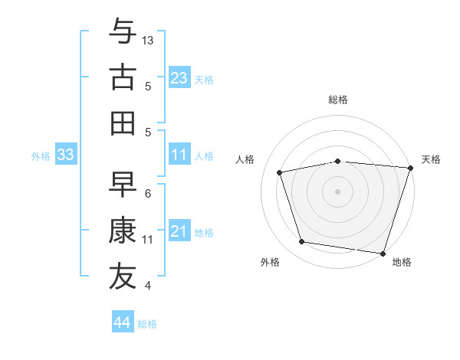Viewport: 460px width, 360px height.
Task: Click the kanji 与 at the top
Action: coord(123,32)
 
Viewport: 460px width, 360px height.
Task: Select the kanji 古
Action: coord(123,77)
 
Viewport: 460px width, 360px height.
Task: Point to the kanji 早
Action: coord(123,185)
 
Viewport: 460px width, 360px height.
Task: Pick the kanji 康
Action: coord(123,230)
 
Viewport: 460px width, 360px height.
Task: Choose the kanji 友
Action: coord(123,276)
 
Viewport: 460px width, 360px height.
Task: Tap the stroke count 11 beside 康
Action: coord(149,239)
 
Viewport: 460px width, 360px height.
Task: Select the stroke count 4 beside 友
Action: coord(148,286)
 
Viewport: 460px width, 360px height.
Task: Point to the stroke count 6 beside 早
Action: coord(148,194)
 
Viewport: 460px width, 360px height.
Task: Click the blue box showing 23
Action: coord(179,77)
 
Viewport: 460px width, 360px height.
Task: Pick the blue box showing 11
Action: coord(179,155)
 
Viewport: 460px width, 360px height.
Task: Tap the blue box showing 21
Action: coord(179,231)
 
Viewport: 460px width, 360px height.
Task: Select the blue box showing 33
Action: coord(65,155)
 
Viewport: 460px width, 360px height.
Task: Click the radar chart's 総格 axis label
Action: coord(338,100)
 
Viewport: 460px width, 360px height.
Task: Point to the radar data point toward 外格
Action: coord(302,242)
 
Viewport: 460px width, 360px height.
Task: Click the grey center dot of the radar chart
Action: coord(338,191)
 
